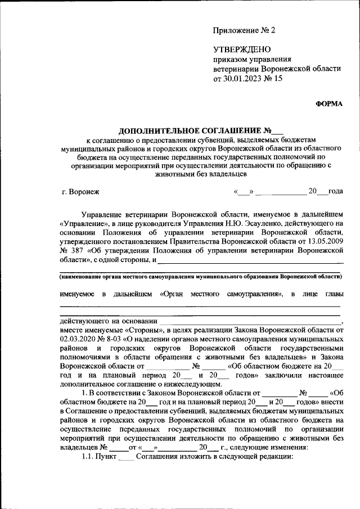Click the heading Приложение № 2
[x=244, y=30]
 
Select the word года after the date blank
[x=335, y=192]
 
